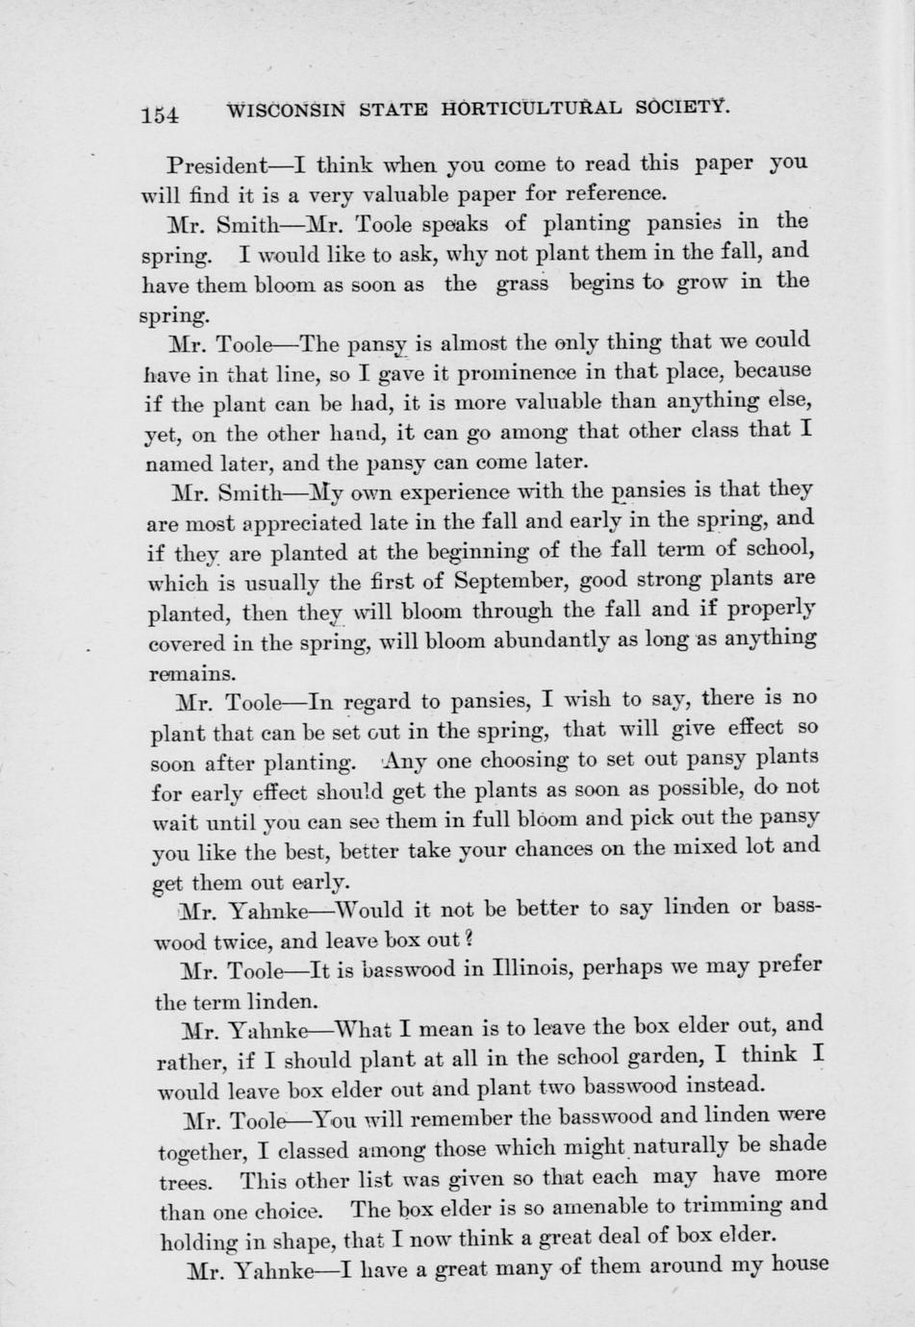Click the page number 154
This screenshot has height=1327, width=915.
[160, 114]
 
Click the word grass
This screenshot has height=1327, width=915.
[522, 285]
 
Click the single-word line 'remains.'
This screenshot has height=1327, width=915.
[191, 673]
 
